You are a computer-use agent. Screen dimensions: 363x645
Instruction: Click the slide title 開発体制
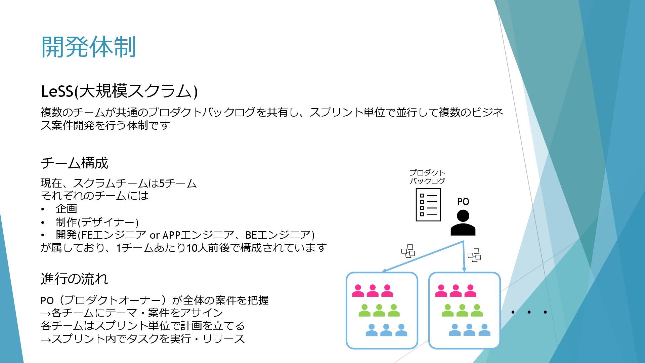pos(88,47)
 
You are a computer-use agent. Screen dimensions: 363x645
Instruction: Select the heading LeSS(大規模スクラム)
pos(119,91)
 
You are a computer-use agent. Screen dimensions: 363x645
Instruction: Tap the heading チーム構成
pos(74,163)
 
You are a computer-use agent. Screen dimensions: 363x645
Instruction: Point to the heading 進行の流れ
pos(74,279)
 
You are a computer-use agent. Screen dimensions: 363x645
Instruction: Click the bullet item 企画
pos(67,209)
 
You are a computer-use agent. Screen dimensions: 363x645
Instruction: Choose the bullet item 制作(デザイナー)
pos(97,222)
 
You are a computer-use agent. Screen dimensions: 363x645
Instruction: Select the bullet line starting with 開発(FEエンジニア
pos(185,235)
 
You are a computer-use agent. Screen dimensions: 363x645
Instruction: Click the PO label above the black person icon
pos(463,202)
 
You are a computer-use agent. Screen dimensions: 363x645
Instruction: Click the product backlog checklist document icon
pos(428,204)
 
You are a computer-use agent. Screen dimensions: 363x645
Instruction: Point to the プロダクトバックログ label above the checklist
pos(427,177)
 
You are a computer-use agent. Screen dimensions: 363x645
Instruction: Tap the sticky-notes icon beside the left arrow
pos(408,251)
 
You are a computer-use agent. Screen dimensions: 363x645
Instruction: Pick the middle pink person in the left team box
pos(372,291)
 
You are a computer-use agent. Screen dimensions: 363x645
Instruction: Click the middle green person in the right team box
pos(462,311)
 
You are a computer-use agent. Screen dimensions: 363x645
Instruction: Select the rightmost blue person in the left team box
pos(401,330)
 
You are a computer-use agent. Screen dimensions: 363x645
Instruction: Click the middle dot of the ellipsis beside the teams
pos(529,312)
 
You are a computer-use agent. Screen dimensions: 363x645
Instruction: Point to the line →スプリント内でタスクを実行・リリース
pos(143,338)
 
